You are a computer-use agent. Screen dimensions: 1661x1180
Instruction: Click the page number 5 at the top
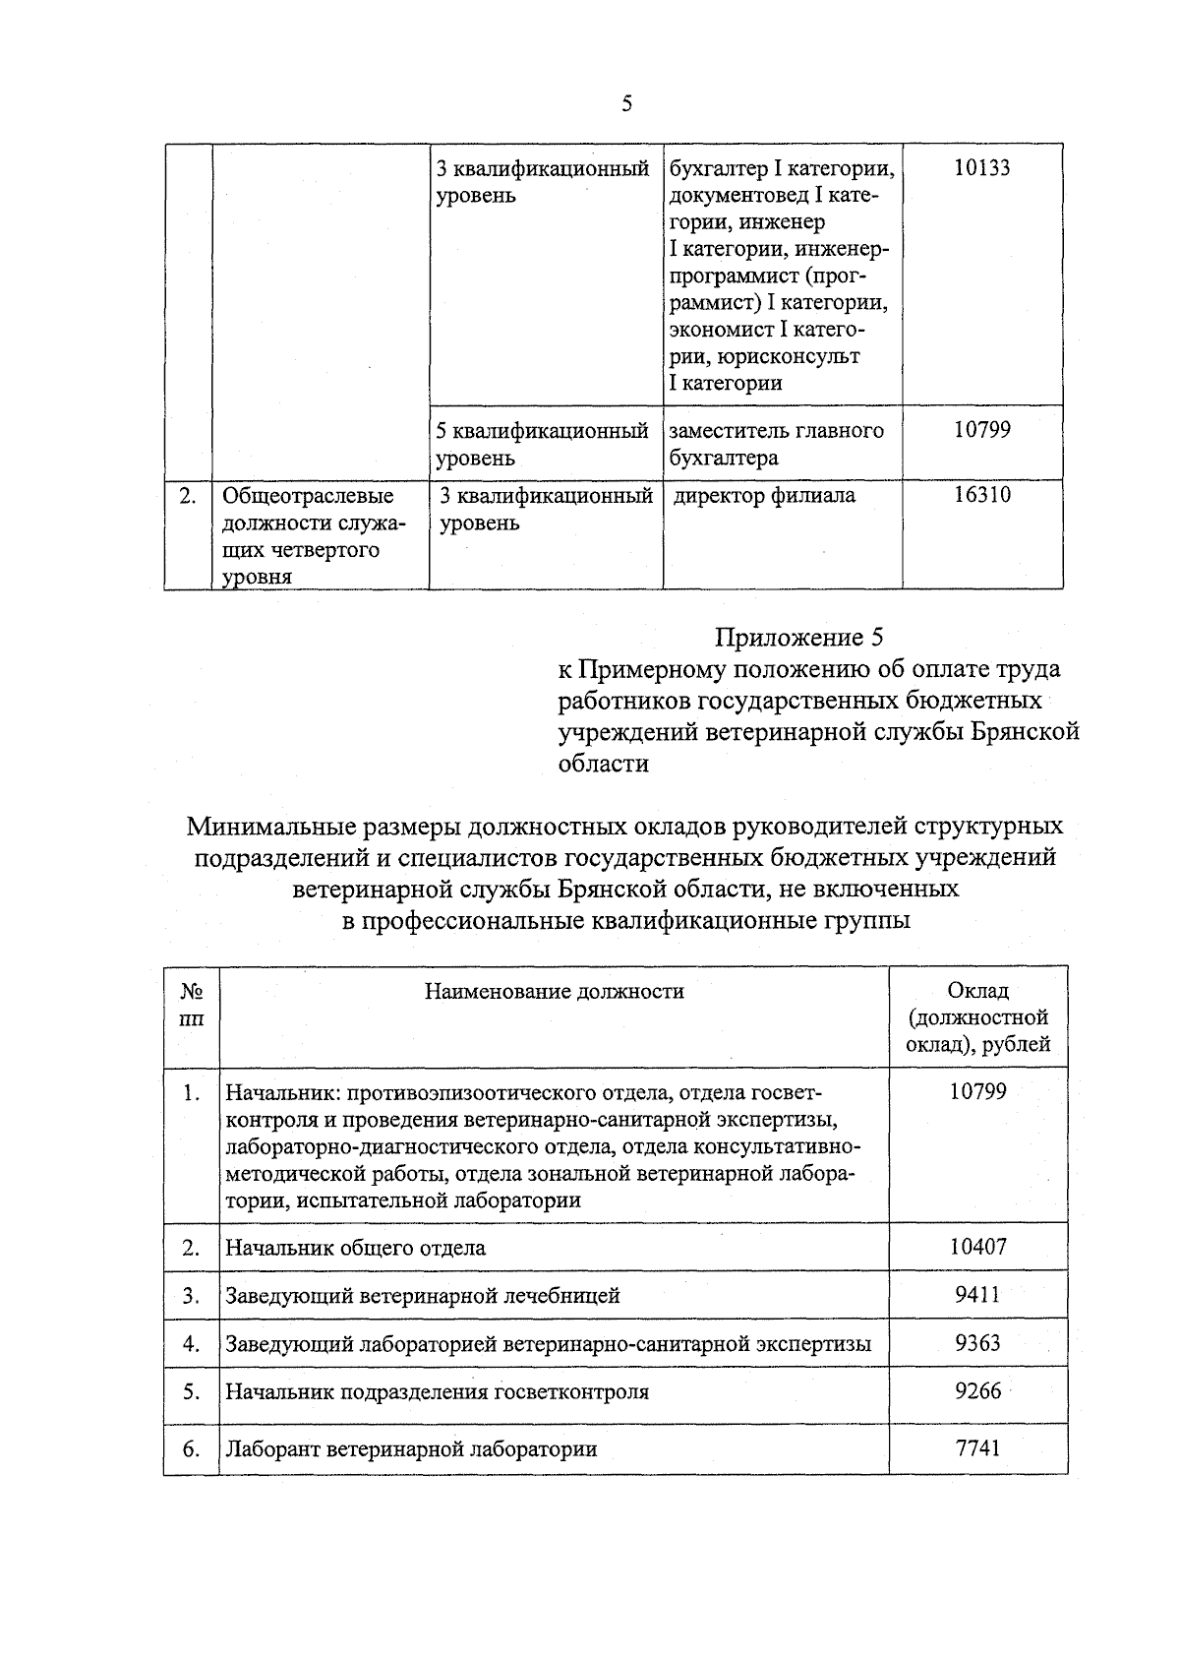[x=626, y=104]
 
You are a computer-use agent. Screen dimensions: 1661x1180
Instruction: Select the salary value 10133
[x=981, y=168]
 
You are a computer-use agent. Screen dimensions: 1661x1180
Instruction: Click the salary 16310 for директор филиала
[x=981, y=495]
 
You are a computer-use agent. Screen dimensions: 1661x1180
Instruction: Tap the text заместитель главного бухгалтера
[x=776, y=444]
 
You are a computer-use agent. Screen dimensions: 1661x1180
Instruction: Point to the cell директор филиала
[x=764, y=496]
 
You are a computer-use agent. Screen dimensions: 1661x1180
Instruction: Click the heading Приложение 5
[x=798, y=638]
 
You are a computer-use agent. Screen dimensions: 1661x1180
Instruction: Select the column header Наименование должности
[x=554, y=991]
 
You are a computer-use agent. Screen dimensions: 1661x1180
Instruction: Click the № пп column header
[x=192, y=1005]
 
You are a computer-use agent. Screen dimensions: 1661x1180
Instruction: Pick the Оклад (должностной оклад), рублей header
[x=977, y=1017]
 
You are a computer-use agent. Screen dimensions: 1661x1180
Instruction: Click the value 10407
[x=977, y=1247]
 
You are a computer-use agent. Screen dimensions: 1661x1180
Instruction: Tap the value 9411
[x=977, y=1295]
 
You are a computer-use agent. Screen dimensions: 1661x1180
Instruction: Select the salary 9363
[x=977, y=1343]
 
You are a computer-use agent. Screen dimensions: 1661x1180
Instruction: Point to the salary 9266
[x=977, y=1391]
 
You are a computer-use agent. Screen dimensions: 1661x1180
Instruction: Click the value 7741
[x=977, y=1448]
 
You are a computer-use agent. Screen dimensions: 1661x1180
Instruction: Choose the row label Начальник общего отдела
[x=355, y=1248]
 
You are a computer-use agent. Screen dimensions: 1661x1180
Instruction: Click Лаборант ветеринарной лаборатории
[x=411, y=1449]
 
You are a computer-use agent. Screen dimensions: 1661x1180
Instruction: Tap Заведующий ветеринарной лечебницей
[x=423, y=1296]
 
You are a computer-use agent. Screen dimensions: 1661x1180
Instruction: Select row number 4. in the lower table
[x=192, y=1344]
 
